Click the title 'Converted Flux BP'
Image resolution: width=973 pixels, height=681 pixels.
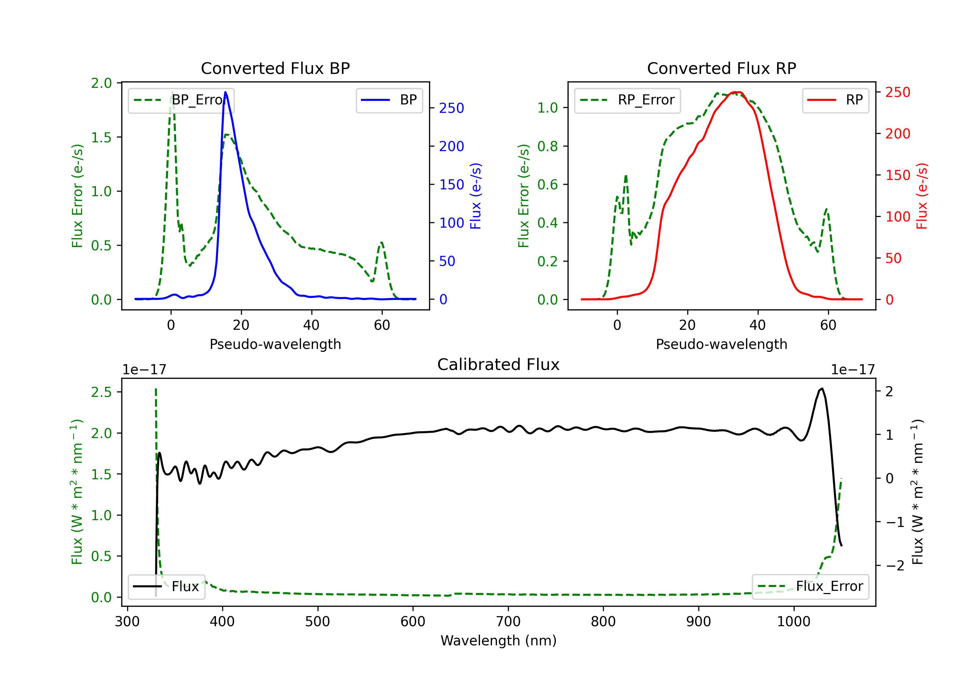coord(275,68)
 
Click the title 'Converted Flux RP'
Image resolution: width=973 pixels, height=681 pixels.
coord(721,68)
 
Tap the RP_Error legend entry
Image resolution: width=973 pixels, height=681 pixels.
coord(628,100)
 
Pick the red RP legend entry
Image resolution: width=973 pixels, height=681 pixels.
coord(835,100)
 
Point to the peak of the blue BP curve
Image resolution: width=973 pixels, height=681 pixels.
coord(225,92)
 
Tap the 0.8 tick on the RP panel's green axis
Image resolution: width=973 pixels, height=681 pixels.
coord(547,146)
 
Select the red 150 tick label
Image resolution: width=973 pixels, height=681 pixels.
coord(897,175)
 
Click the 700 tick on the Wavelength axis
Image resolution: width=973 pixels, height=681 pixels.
coord(508,621)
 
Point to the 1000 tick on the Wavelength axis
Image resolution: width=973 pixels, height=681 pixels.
coord(793,621)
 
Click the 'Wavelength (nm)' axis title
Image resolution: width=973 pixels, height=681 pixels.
coord(499,640)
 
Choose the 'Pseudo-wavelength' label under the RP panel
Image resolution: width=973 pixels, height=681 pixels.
coord(721,344)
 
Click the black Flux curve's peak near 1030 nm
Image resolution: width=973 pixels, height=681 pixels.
coord(822,388)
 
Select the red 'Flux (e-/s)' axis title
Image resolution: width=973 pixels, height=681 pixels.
coord(922,196)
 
